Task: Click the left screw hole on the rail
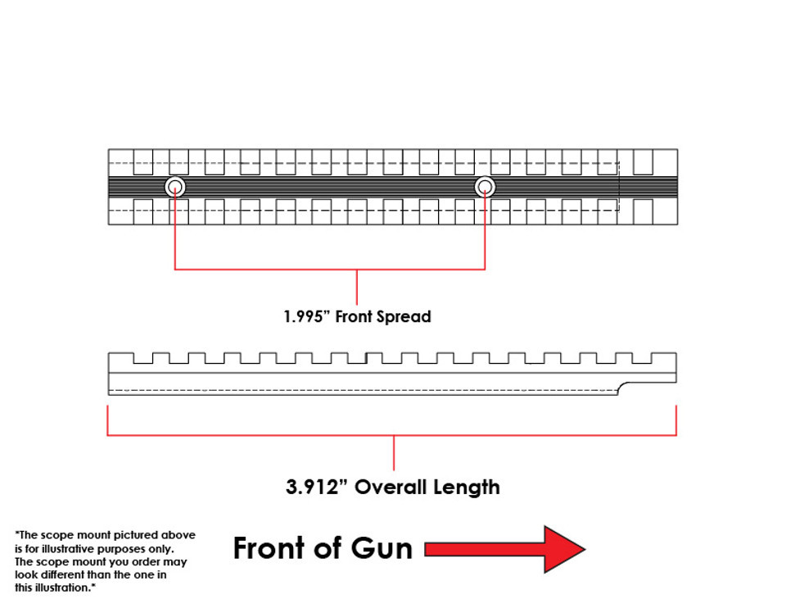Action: pyautogui.click(x=175, y=188)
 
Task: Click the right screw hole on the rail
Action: pyautogui.click(x=485, y=188)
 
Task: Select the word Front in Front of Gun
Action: pyautogui.click(x=269, y=548)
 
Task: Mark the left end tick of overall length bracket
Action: pyautogui.click(x=108, y=420)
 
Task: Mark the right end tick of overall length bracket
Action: pyautogui.click(x=676, y=420)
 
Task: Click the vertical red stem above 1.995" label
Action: pyautogui.click(x=357, y=287)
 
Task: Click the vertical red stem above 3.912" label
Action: pyautogui.click(x=394, y=453)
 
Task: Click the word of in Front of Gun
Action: pyautogui.click(x=330, y=548)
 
